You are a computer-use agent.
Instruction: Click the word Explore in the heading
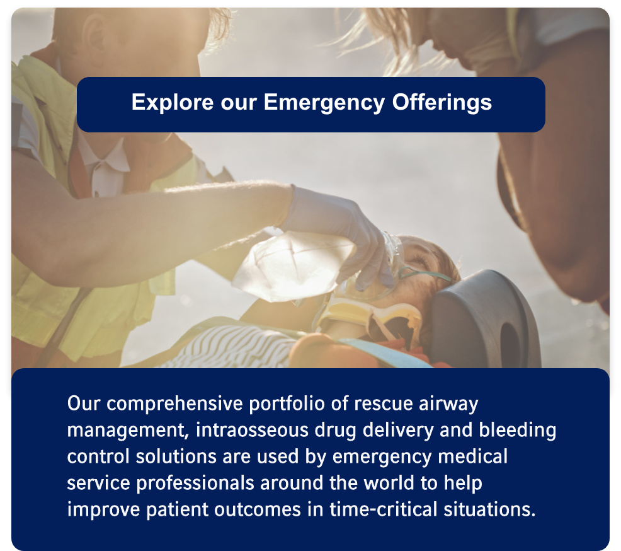[x=173, y=103]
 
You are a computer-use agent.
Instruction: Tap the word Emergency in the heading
[x=324, y=103]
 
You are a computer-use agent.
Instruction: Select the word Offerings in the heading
[x=442, y=103]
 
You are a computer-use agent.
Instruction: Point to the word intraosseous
[x=253, y=430]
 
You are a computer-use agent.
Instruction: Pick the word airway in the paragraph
[x=448, y=404]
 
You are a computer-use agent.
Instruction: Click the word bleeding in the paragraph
[x=518, y=431]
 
